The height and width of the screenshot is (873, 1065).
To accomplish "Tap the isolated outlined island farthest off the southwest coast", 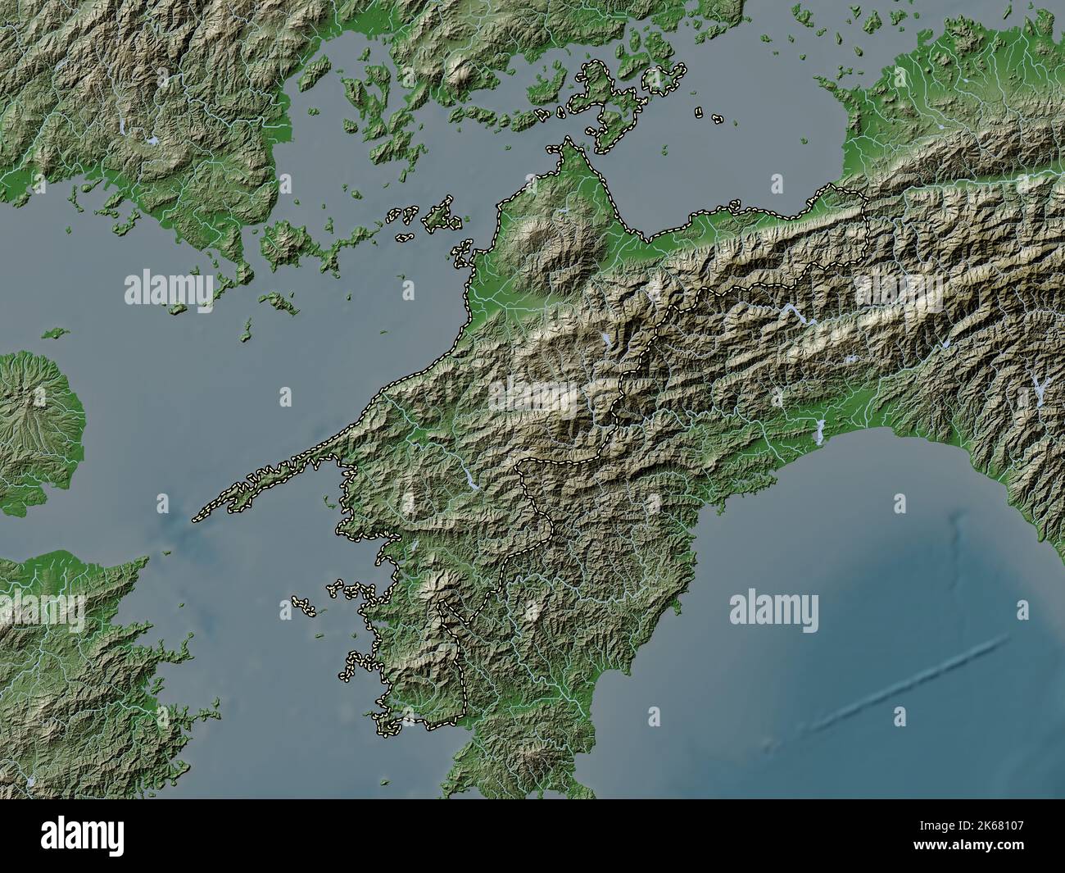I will pyautogui.click(x=304, y=607).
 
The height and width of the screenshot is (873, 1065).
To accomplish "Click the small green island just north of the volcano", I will pyautogui.click(x=55, y=333).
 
